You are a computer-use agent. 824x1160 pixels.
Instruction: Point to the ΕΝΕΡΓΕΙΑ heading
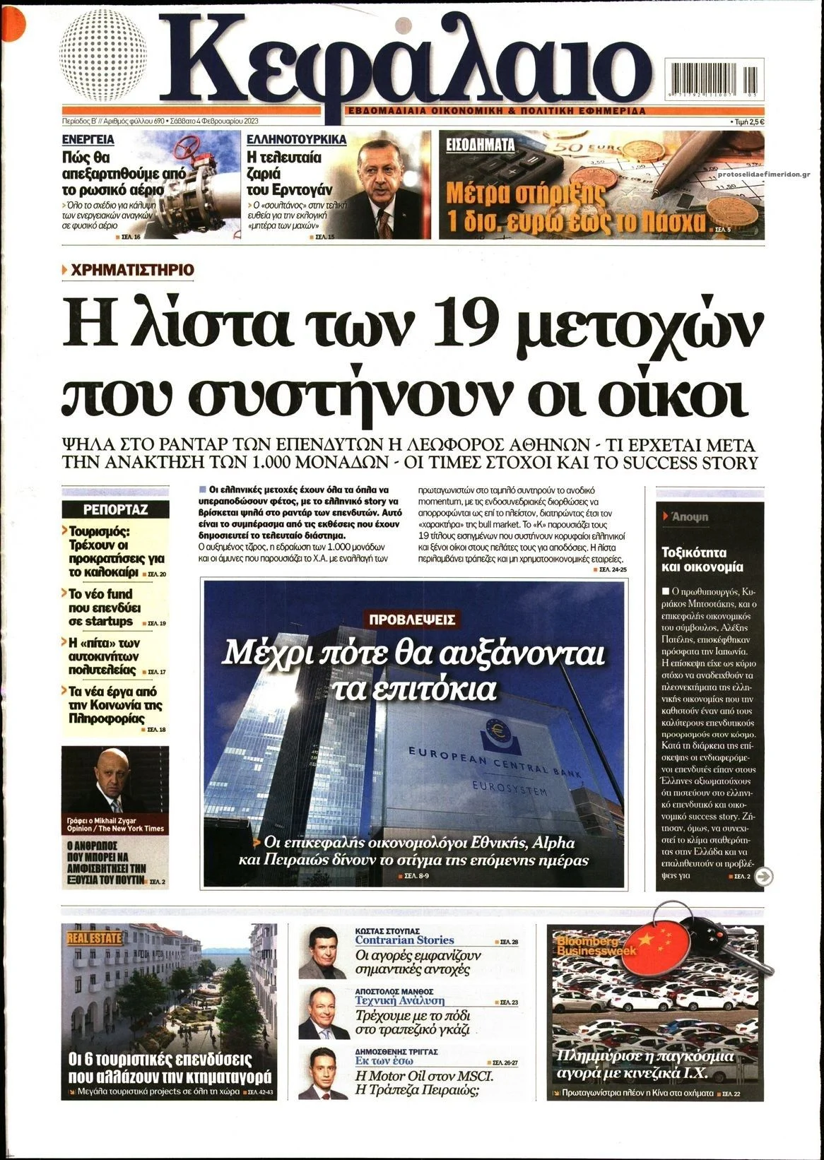click(88, 140)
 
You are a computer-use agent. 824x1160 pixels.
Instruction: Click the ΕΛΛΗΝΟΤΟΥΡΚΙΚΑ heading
click(296, 140)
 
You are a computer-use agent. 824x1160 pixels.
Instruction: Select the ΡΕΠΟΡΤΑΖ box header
click(115, 509)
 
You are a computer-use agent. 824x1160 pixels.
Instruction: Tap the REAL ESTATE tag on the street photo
click(95, 938)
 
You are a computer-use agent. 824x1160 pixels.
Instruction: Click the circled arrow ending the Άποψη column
click(763, 877)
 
